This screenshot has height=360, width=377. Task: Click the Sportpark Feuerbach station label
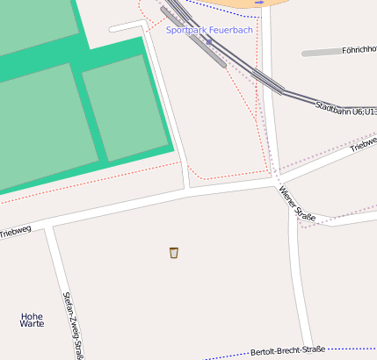tap(209, 30)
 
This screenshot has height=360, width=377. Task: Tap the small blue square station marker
tap(209, 41)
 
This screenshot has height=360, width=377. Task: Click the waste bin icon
tap(174, 253)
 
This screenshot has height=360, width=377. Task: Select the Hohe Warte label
tap(32, 320)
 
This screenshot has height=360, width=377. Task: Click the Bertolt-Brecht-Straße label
tap(287, 350)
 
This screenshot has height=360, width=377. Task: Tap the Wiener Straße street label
tap(297, 202)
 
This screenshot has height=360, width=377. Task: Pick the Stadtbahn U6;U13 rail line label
tap(345, 112)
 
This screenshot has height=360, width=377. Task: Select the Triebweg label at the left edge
tap(15, 232)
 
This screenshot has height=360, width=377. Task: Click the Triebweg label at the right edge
tap(363, 144)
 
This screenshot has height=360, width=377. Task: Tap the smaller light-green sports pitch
tap(125, 107)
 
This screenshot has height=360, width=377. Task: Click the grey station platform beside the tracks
tap(203, 43)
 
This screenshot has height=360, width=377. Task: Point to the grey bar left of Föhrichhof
tap(320, 54)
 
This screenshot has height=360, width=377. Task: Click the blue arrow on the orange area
tap(259, 3)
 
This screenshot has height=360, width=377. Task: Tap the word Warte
tap(32, 324)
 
